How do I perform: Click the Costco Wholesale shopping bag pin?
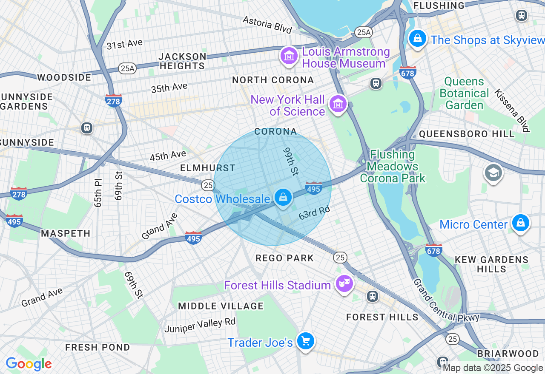[x=283, y=197]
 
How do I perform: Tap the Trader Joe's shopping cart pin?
[x=305, y=341]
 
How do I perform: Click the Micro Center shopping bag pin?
[x=520, y=223]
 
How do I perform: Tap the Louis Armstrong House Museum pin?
[x=289, y=56]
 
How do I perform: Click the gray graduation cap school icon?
[x=493, y=173]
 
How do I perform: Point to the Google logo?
[x=29, y=364]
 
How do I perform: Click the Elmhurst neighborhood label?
[x=208, y=168]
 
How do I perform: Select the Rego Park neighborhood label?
[x=284, y=258]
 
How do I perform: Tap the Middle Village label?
[x=221, y=306]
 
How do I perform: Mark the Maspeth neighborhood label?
[x=66, y=233]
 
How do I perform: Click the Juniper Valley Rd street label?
[x=200, y=325]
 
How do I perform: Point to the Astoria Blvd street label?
[x=267, y=25]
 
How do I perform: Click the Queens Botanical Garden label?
[x=464, y=93]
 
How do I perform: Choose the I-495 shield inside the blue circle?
[x=313, y=188]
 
